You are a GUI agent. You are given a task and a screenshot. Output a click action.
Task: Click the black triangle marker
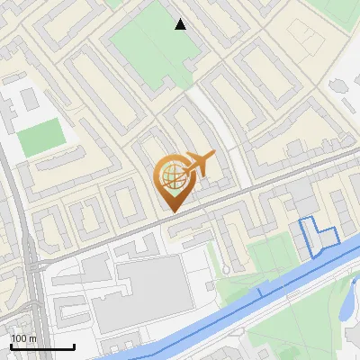[x=181, y=24]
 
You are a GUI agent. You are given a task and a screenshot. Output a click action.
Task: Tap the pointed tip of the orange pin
[x=171, y=211]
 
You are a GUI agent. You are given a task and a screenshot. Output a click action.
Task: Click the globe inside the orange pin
[x=170, y=175]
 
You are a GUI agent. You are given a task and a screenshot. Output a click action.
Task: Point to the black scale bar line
[x=42, y=347]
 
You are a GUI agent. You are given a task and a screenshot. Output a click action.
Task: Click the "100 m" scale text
[x=24, y=338]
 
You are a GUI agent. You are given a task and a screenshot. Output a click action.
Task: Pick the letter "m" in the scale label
[x=33, y=338]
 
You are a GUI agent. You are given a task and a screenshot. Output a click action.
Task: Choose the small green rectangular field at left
[x=40, y=138]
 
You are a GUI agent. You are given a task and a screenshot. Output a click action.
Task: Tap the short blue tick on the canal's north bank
[x=261, y=292]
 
